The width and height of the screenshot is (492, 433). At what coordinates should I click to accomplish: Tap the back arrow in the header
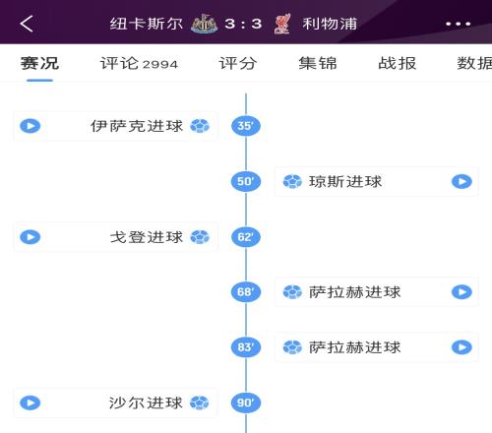(27, 24)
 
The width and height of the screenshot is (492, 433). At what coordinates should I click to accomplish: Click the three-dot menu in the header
(458, 24)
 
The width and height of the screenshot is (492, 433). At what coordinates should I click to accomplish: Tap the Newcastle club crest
(204, 24)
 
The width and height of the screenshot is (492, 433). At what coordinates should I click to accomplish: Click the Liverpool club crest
(282, 24)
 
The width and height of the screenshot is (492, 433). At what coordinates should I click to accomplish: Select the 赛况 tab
(39, 63)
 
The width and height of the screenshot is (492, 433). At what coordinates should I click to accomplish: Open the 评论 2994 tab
(139, 63)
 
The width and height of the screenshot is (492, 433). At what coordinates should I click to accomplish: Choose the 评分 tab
(238, 63)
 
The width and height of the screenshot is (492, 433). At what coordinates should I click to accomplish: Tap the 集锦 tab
(318, 63)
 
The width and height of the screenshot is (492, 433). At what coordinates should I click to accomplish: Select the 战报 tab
(398, 63)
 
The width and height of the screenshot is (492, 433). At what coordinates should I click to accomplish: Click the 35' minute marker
(246, 126)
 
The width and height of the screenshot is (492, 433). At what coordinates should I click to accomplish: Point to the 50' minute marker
(246, 181)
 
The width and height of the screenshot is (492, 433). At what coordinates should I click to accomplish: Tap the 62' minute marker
(246, 237)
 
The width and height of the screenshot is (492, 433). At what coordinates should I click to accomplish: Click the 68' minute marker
(246, 291)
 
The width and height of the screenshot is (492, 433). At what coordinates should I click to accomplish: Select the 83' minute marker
(246, 347)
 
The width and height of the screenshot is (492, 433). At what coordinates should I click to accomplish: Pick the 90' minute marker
(246, 402)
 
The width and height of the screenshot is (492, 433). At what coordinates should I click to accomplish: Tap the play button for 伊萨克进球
(31, 126)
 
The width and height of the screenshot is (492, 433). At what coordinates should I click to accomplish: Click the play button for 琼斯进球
(461, 181)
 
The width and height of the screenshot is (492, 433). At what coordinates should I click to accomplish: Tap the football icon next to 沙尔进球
(200, 402)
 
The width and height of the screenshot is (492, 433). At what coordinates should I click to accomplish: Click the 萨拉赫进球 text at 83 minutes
(355, 347)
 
